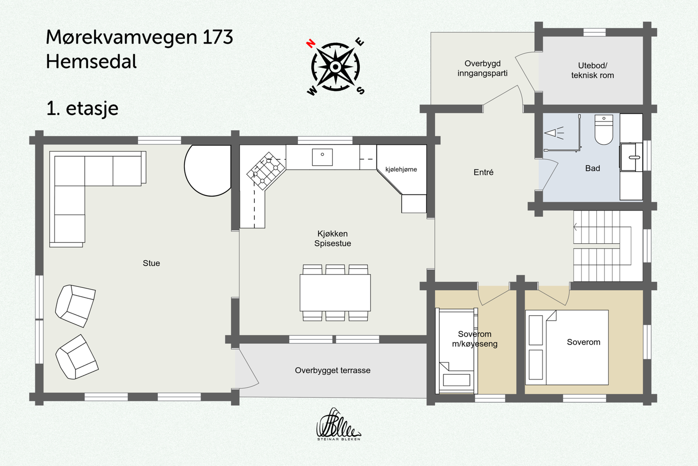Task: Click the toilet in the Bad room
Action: coord(604,130)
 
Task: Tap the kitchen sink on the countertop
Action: coord(322,157)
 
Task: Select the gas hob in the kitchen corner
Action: coord(266,171)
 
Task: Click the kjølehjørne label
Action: coord(401,169)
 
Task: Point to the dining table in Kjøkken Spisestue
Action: coord(335,292)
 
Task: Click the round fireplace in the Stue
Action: coord(209,170)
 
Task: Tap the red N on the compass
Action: coord(311,43)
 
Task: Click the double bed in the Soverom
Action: coord(567,347)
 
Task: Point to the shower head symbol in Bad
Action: coord(554,133)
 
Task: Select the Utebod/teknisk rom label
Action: coord(592,70)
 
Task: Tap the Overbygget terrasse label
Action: coord(332,370)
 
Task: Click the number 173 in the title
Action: coord(218,37)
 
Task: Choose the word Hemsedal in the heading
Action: coord(91,62)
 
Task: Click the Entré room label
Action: coord(483,173)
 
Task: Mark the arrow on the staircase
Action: coord(575,227)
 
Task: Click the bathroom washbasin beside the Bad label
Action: coord(631,156)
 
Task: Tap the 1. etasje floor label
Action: coord(82,108)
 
